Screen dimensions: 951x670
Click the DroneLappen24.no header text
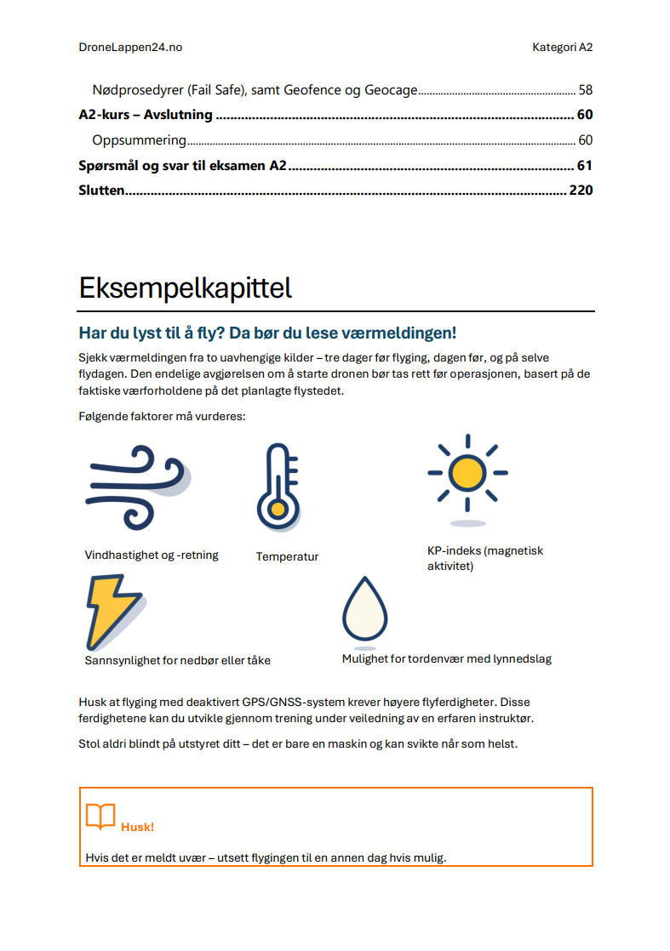pos(130,48)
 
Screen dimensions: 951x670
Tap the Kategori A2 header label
pos(557,48)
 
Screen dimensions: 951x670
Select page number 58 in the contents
pos(585,89)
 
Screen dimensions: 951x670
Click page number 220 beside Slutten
pos(580,190)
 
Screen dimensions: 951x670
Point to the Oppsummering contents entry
pos(139,140)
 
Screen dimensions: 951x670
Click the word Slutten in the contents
pos(102,190)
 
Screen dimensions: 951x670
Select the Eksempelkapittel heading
pos(185,288)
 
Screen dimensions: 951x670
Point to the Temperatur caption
pos(287,557)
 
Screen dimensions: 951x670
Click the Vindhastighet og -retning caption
pos(152,555)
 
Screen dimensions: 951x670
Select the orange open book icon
pos(100,817)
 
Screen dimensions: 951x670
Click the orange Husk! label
pos(137,827)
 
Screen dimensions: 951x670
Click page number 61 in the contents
pos(584,165)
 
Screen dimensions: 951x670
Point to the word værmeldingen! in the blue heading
pos(406,333)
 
